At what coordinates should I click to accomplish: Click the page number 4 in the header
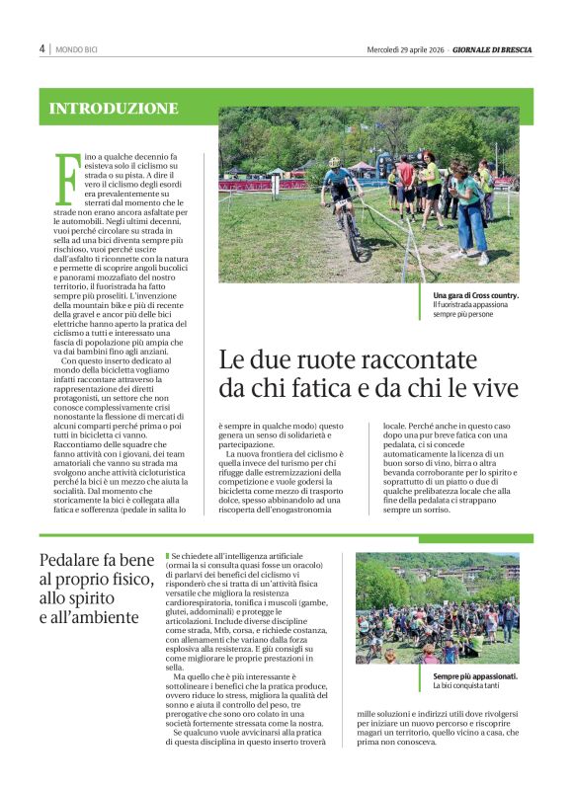coord(41,48)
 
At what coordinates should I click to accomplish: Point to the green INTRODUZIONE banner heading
coord(114,109)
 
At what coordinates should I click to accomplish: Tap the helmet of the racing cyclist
coord(334,163)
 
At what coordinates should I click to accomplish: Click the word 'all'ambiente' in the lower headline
coord(103,617)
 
